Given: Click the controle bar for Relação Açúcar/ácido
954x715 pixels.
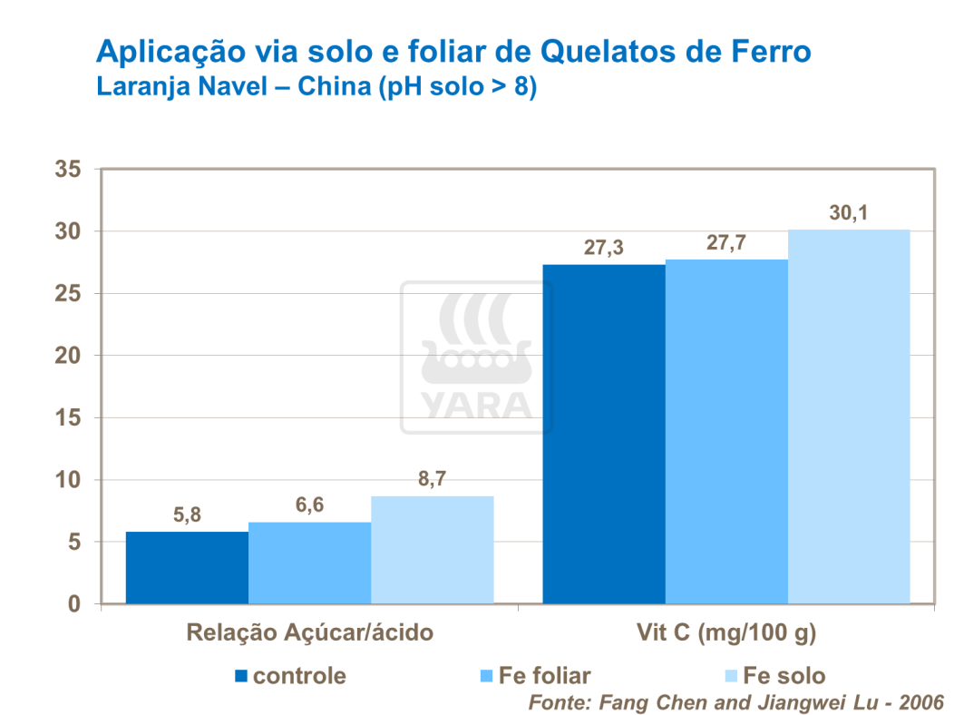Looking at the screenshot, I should point(187,567).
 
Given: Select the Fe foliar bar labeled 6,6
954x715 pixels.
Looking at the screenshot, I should point(309,563).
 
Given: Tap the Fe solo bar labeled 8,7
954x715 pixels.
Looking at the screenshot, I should point(432,550).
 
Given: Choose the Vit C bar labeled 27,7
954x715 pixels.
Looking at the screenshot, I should point(726,432).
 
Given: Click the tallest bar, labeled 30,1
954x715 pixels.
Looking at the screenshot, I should point(849,417).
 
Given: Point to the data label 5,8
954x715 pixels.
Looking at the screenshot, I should point(187,515).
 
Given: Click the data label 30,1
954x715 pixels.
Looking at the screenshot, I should point(849,213).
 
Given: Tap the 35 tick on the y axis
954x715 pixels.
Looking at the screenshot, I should point(68,170).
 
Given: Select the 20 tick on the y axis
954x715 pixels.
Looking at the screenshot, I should point(68,356).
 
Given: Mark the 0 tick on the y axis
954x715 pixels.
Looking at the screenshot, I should point(74,604).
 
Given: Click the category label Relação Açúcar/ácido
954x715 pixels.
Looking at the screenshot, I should point(309,633).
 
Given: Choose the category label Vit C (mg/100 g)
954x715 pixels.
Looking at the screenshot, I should point(726,633).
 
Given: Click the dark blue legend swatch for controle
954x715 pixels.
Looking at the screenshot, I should point(241,676).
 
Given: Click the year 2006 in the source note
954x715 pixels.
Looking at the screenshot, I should point(919,702).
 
